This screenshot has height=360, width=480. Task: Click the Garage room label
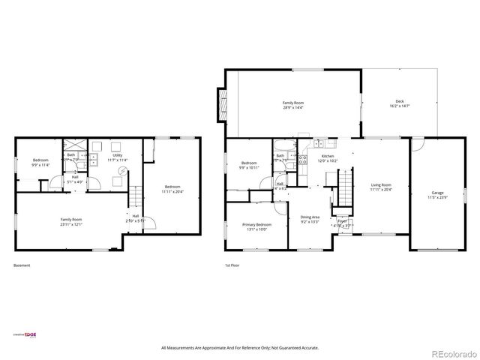click(437, 193)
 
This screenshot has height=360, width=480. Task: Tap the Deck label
click(400, 102)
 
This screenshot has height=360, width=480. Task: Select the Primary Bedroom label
click(256, 225)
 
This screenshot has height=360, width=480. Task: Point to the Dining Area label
click(310, 217)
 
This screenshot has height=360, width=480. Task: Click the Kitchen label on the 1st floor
click(328, 156)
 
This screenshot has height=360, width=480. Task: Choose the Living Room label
click(381, 184)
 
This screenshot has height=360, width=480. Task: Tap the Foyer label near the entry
click(342, 221)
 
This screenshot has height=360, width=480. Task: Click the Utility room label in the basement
click(117, 155)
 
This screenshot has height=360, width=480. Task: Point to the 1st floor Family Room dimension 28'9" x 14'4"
click(292, 107)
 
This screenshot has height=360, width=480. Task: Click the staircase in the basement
click(135, 197)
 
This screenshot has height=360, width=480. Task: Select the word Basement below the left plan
click(22, 265)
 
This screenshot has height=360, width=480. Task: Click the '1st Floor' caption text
click(232, 265)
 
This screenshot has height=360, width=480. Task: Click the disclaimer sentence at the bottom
click(240, 348)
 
